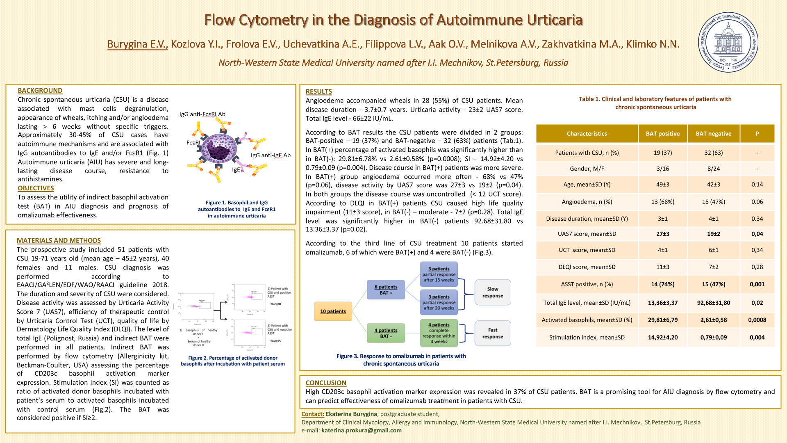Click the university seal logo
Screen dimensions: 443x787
tap(728, 42)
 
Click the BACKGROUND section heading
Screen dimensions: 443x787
tap(40, 91)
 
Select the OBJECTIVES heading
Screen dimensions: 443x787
tap(36, 188)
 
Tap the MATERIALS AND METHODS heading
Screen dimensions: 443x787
tap(59, 241)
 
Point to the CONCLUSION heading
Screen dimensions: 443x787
tap(326, 383)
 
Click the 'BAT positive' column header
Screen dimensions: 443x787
tap(662, 134)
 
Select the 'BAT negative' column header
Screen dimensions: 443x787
tap(713, 134)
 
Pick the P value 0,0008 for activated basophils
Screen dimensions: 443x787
tap(757, 320)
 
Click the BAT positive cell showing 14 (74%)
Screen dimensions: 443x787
tap(662, 284)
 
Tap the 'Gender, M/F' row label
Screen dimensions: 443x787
tap(587, 169)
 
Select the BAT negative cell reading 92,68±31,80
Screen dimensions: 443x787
tap(713, 303)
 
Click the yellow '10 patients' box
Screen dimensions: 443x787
tap(333, 311)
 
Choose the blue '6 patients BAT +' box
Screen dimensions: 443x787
tap(386, 290)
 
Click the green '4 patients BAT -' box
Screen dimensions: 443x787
tap(386, 333)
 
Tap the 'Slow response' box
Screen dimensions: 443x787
tap(492, 292)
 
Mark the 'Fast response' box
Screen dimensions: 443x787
tap(492, 333)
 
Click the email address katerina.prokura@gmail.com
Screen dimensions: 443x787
tap(361, 430)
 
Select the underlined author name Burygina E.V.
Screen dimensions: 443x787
tap(137, 44)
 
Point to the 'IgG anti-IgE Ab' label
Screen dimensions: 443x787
tap(271, 155)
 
